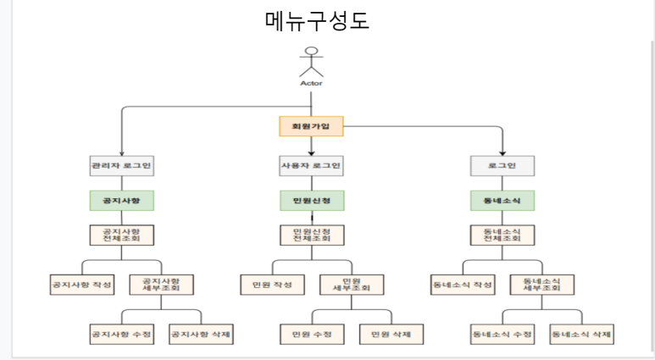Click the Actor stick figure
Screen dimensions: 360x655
click(x=311, y=60)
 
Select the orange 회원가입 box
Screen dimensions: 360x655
click(x=311, y=127)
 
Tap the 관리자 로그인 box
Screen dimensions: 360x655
click(x=121, y=165)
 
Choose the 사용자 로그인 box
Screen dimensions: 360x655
click(x=311, y=165)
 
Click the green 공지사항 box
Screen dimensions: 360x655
click(x=121, y=201)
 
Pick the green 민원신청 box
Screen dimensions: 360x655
click(x=311, y=201)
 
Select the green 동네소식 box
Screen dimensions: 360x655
click(x=502, y=201)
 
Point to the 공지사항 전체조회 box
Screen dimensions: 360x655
click(x=121, y=235)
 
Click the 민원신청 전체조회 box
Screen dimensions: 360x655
click(x=311, y=235)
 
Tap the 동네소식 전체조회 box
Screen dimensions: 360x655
click(x=502, y=235)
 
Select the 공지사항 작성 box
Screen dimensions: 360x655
click(x=81, y=284)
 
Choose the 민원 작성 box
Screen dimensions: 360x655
click(x=272, y=284)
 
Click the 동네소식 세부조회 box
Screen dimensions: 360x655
click(x=541, y=284)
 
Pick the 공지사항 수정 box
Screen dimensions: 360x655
click(x=121, y=334)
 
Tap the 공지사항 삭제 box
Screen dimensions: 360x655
click(x=201, y=334)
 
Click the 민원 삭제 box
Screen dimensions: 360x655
click(x=391, y=334)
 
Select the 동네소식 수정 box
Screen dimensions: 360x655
click(x=502, y=334)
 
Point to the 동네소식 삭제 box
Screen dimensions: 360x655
click(x=581, y=334)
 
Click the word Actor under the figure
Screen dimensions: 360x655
click(x=311, y=83)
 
